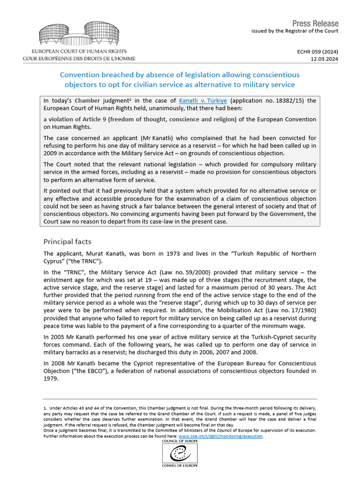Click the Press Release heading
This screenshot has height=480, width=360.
[315, 23]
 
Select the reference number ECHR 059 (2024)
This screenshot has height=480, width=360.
[318, 52]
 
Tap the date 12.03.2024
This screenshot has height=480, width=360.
[324, 59]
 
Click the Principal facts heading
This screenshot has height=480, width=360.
[68, 241]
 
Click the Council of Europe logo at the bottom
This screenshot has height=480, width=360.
[180, 453]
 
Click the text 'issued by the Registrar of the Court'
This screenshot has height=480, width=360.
[294, 31]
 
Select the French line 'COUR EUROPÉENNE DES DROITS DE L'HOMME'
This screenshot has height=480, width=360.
[79, 59]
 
